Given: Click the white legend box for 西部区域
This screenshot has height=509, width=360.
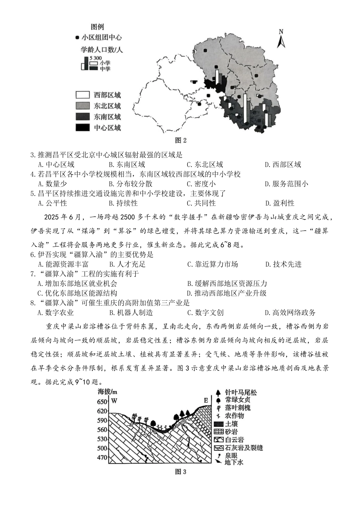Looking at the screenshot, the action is coord(82,95).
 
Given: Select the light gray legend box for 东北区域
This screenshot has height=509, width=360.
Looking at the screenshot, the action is coord(82,106).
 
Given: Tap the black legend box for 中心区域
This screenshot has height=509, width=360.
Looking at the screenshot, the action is coord(82,128).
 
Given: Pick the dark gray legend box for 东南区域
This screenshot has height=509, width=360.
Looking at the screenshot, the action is coord(82,117).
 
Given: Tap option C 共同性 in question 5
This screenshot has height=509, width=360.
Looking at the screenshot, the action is coord(201,203).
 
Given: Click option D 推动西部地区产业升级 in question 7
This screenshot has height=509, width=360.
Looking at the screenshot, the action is coord(227,293).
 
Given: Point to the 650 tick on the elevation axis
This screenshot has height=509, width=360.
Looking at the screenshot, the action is coord(102,401).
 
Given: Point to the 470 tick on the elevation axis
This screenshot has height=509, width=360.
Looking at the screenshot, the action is coord(102,457).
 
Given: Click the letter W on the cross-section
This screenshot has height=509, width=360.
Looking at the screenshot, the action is coord(114,401).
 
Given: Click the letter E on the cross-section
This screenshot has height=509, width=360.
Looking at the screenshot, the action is coord(206,400).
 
